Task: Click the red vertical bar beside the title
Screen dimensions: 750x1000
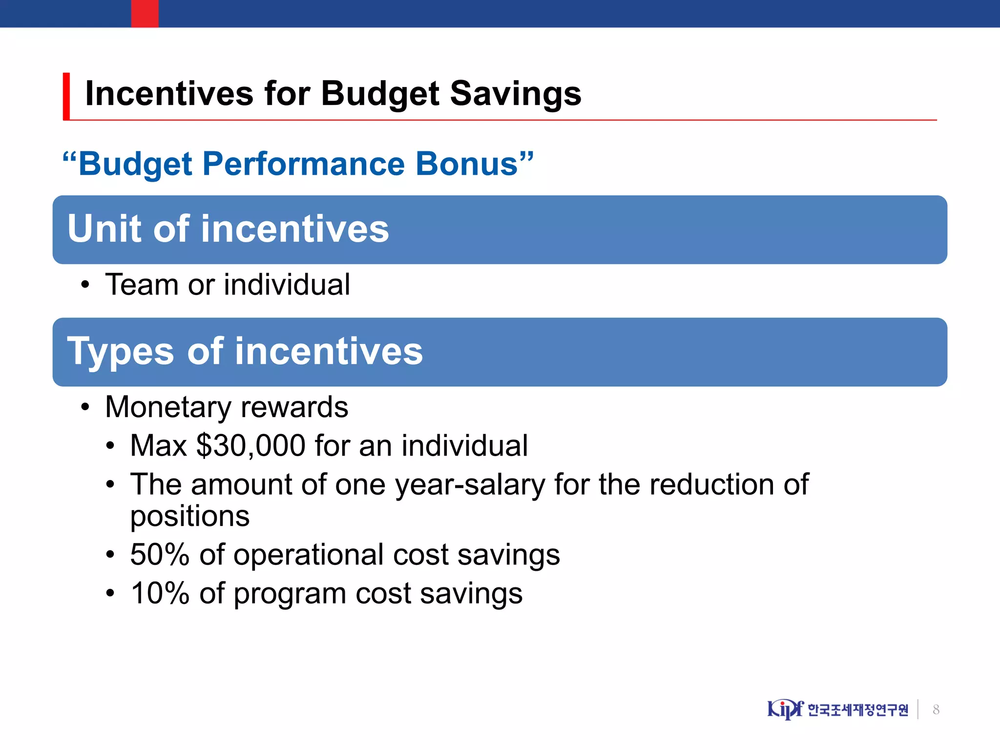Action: tap(66, 96)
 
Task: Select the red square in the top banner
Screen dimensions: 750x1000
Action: tap(145, 13)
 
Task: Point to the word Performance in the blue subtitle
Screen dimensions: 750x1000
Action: tap(303, 164)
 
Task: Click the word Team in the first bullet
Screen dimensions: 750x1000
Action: tap(142, 285)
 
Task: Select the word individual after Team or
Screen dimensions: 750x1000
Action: tap(287, 285)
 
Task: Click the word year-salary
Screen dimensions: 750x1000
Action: tap(469, 485)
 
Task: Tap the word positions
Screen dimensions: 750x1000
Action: tap(189, 517)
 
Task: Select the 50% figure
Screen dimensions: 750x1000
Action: tap(160, 555)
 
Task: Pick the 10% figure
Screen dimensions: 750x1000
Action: tap(160, 594)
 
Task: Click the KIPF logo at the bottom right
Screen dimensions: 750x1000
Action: tap(785, 709)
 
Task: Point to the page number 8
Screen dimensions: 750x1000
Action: tap(936, 709)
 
